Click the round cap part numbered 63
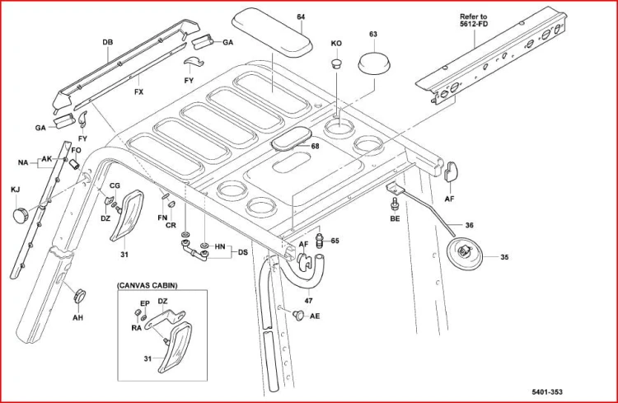pos(374,63)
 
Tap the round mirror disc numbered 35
pos(466,253)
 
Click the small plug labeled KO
pos(336,63)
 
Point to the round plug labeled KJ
pos(21,214)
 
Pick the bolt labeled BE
pos(394,204)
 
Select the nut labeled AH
pos(79,296)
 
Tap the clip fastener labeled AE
pos(299,314)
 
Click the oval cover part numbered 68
pos(289,138)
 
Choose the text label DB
pos(108,42)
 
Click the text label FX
pos(138,91)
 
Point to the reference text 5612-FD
pos(474,24)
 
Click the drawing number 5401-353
pos(547,392)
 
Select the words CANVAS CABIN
pos(147,285)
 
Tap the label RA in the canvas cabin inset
pos(136,327)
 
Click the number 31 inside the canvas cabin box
pos(147,358)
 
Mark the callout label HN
pos(220,247)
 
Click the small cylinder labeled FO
pos(74,164)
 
